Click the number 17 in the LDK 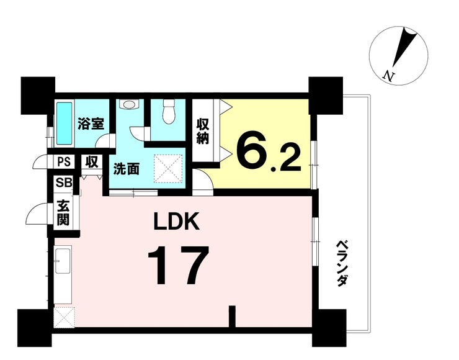click(177, 266)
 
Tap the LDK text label click(177, 222)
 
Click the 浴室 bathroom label click(90, 123)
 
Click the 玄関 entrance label click(63, 212)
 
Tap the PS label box click(63, 163)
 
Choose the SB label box click(63, 183)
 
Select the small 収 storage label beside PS click(92, 163)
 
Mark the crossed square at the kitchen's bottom click(63, 317)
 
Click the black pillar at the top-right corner click(326, 94)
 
